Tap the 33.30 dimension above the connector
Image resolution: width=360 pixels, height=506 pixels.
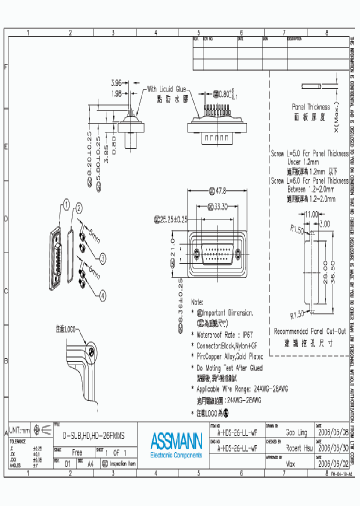click(218, 206)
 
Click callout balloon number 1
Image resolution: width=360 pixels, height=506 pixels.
click(66, 203)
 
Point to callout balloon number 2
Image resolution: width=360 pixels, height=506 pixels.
click(78, 208)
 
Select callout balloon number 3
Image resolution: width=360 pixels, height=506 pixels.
click(102, 258)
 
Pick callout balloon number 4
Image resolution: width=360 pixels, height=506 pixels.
click(102, 295)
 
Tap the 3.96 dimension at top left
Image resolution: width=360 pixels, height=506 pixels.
click(116, 82)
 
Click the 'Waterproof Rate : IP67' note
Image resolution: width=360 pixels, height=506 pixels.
click(222, 334)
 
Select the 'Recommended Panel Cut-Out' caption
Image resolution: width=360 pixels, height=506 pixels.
click(309, 331)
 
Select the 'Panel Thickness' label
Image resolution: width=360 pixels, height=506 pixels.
click(310, 107)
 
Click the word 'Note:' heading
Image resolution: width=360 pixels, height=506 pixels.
click(197, 302)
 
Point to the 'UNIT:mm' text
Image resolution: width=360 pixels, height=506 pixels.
click(20, 430)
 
